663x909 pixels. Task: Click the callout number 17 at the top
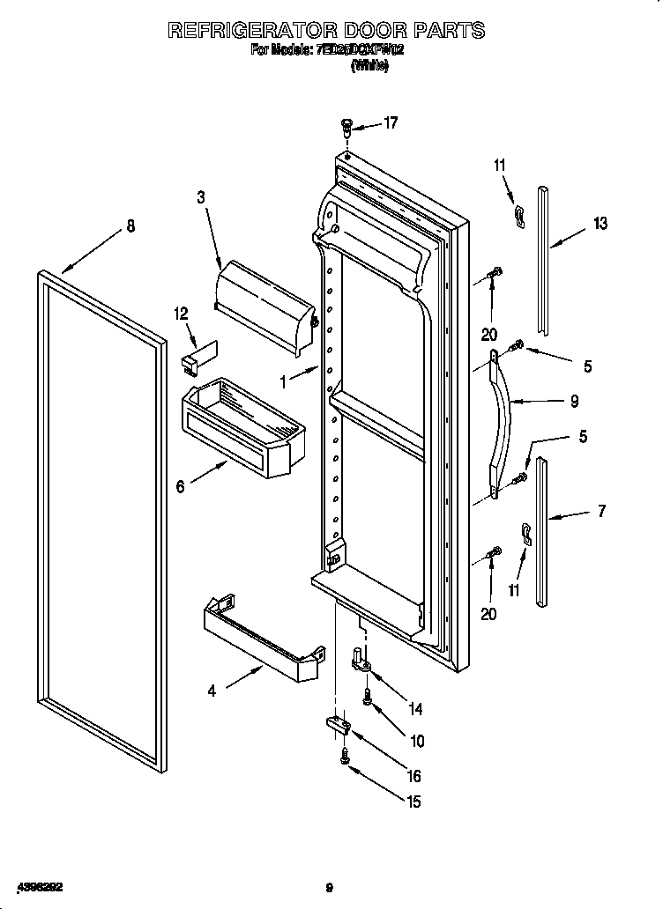tap(391, 123)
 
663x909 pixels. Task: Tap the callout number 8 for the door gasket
tap(130, 226)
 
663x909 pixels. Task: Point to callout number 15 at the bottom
tap(413, 802)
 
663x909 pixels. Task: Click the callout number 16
tap(413, 776)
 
